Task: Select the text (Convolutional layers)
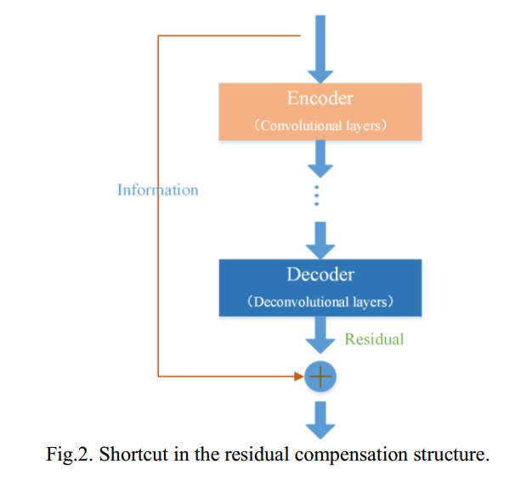click(x=320, y=125)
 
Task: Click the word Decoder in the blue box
click(x=320, y=274)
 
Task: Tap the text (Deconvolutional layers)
click(x=320, y=302)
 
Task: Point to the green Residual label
click(x=374, y=339)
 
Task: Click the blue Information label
click(x=157, y=190)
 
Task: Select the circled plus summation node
click(x=320, y=375)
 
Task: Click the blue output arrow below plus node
click(x=320, y=417)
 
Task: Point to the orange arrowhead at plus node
click(x=298, y=375)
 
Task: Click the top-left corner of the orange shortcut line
click(x=159, y=37)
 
